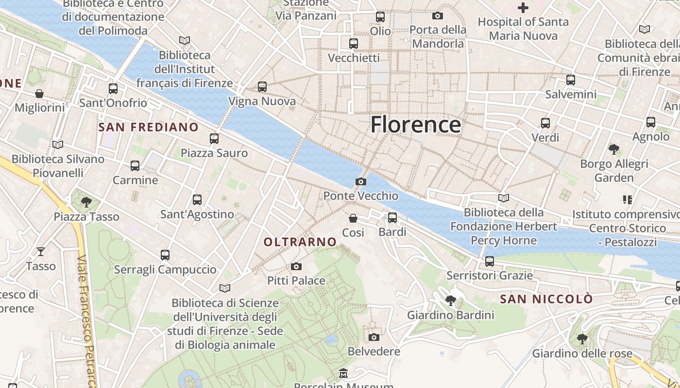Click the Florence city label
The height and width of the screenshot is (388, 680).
click(x=415, y=125)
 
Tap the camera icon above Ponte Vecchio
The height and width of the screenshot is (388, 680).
click(x=361, y=181)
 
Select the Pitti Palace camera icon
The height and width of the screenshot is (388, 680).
click(x=296, y=266)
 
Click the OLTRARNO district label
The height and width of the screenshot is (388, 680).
click(x=300, y=242)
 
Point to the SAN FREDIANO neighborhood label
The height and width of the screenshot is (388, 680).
click(x=148, y=127)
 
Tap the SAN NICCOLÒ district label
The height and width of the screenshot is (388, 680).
click(x=546, y=299)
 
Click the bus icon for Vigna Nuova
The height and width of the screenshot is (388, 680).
click(x=262, y=87)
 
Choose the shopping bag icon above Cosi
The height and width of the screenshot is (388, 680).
click(x=353, y=218)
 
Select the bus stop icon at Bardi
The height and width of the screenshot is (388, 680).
click(x=392, y=218)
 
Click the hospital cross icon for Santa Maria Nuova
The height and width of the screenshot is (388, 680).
click(x=523, y=8)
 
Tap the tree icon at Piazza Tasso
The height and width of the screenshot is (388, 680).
click(x=86, y=202)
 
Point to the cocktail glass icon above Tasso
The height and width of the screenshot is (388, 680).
click(x=41, y=251)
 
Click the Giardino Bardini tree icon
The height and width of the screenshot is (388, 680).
click(x=451, y=301)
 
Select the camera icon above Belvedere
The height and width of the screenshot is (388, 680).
click(x=374, y=337)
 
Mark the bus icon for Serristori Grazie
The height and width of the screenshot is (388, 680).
click(x=489, y=261)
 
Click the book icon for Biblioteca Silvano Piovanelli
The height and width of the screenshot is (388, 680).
click(x=58, y=145)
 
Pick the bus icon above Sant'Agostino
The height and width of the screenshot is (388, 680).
click(x=197, y=199)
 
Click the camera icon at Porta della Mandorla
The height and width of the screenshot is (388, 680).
click(x=437, y=16)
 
